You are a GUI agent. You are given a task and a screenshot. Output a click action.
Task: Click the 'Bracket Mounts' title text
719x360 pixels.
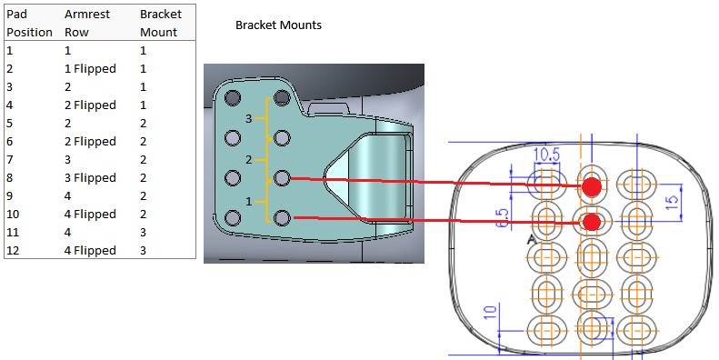[278, 25]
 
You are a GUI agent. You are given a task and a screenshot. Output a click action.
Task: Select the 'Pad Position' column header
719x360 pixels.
[29, 23]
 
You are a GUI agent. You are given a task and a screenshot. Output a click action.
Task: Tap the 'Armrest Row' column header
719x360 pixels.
[87, 23]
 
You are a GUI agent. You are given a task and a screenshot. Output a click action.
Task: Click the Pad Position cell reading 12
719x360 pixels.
[13, 250]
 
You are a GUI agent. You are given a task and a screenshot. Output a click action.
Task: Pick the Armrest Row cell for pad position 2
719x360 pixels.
[90, 69]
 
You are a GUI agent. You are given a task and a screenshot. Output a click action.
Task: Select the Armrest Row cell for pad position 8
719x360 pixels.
[90, 178]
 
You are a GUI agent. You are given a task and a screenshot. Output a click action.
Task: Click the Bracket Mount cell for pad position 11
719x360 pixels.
[143, 233]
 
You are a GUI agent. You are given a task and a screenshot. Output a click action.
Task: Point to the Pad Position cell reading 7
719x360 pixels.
[10, 160]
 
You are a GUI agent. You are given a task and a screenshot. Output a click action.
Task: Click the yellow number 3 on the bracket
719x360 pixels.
[248, 119]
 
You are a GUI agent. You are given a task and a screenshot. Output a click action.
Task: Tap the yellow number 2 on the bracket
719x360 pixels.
[248, 160]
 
